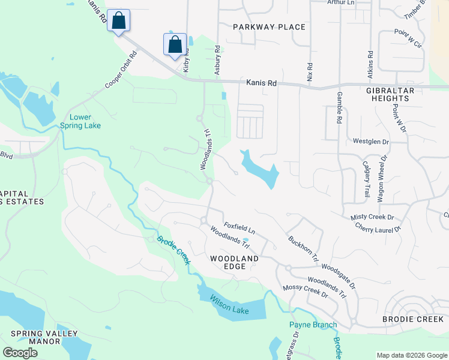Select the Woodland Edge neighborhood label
[x=234, y=262]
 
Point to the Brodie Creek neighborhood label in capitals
[x=413, y=319]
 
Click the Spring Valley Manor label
[x=35, y=337]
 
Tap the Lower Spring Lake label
[x=80, y=121]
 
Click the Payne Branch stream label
[x=313, y=325]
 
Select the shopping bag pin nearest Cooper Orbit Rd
[x=119, y=21]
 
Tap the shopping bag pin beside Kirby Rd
[x=175, y=44]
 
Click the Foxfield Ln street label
[x=240, y=229]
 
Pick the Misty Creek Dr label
[x=372, y=217]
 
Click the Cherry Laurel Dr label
[x=378, y=228]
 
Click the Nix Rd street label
[x=310, y=73]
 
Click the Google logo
[x=20, y=353]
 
